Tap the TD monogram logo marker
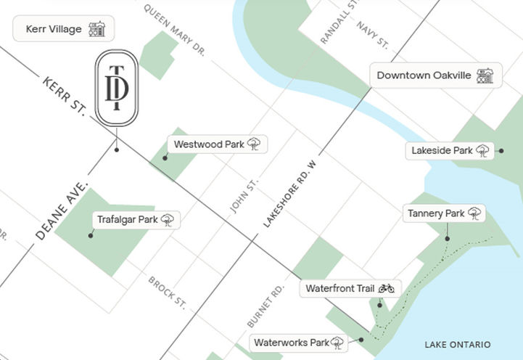pos(116,89)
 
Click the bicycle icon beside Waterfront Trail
pos(386,288)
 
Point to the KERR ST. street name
pos(64,97)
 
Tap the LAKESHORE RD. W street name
pos(291,196)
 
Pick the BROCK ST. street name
pos(167,291)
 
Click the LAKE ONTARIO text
pos(458,344)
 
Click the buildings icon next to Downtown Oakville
pos(485,75)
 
